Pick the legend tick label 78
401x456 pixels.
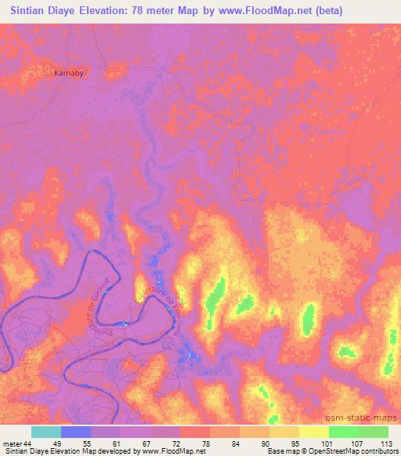tap(209, 443)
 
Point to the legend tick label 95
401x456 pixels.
tap(298, 443)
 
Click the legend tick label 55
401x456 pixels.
tap(91, 443)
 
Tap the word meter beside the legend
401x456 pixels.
tap(13, 443)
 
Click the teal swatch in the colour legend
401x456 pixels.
tap(46, 432)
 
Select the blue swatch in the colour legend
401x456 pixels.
tap(76, 432)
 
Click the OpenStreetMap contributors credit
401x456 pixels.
tap(356, 451)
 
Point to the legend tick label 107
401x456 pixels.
tap(358, 443)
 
